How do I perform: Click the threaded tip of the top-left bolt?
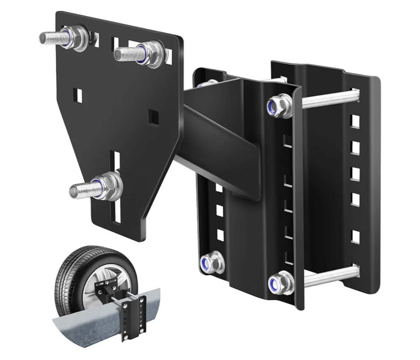tap(45, 37)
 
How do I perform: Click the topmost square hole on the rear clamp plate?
tap(354, 121)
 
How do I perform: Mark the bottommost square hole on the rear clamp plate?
tap(354, 236)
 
